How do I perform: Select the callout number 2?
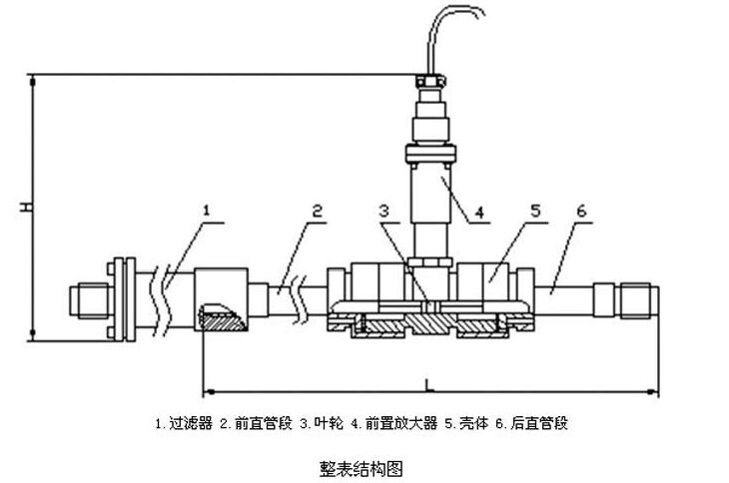[316, 211]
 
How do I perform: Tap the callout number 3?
[385, 211]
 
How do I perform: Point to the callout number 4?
[478, 212]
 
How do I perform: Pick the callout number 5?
[535, 211]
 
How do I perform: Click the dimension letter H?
[27, 208]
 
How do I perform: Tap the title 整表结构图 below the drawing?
[363, 466]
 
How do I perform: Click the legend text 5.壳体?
[466, 423]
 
